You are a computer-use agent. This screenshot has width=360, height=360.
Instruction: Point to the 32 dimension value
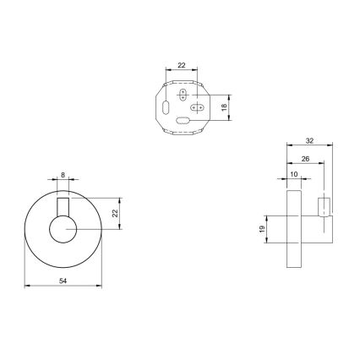click(311, 141)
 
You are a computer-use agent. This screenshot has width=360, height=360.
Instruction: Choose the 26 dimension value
click(305, 158)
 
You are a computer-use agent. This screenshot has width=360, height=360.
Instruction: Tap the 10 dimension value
click(293, 175)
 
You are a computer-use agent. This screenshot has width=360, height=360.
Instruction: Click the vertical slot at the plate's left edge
click(166, 107)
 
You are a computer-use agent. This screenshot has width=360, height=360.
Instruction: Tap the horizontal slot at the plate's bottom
click(183, 123)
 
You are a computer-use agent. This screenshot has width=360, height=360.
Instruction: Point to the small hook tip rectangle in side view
click(321, 207)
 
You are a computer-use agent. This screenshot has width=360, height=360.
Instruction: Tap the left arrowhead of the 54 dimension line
click(28, 286)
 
